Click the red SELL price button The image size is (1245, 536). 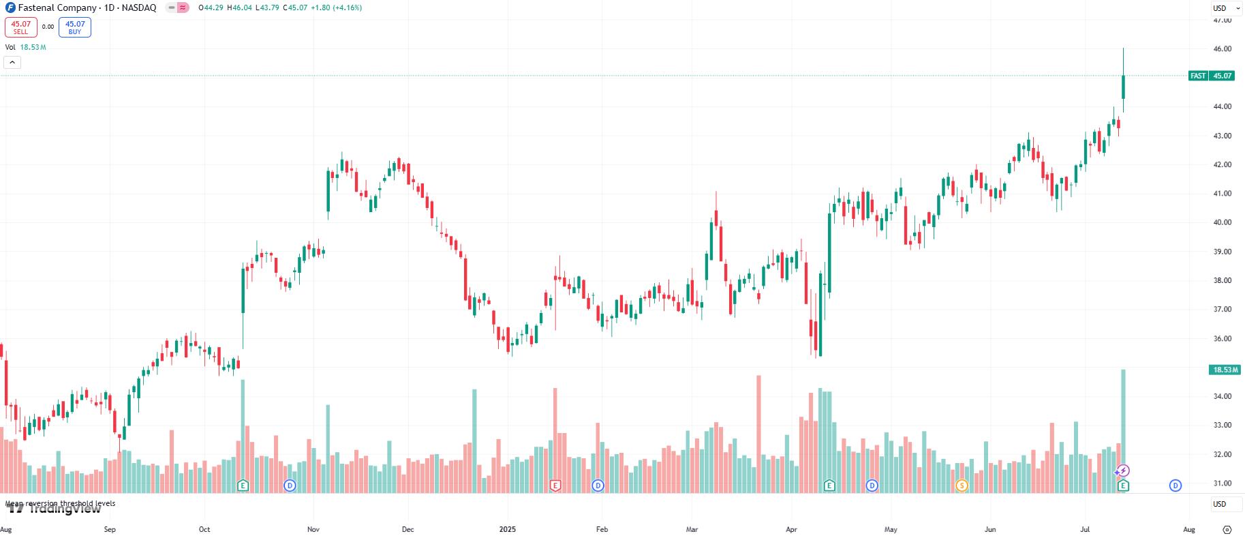[20, 27]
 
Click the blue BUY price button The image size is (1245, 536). [75, 27]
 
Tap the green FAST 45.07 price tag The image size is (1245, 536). [1211, 76]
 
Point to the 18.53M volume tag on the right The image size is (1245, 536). [1224, 370]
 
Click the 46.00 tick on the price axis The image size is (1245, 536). [1223, 49]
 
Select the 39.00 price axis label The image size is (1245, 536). [1223, 252]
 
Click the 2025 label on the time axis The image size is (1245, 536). [508, 529]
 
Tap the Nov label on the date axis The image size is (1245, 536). [313, 529]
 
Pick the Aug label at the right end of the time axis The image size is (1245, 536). [1189, 529]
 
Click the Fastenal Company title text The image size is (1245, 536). [57, 8]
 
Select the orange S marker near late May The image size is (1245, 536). [962, 486]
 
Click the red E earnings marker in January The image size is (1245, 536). [555, 486]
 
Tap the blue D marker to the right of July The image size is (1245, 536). [1175, 486]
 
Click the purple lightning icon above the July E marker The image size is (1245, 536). [1123, 471]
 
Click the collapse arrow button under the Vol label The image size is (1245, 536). [12, 63]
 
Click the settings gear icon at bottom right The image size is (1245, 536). [1227, 529]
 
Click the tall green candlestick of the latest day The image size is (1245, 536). [1123, 87]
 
